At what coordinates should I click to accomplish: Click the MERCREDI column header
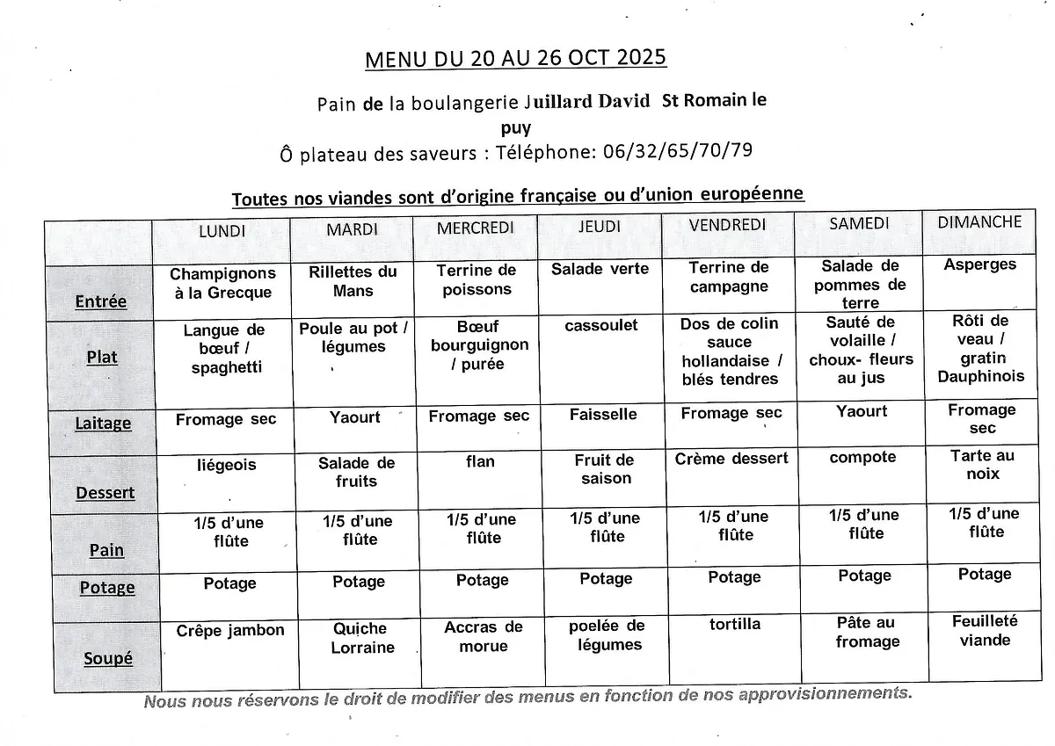pos(476,228)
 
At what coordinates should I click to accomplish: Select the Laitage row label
pos(103,424)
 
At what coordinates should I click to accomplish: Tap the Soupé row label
pos(108,658)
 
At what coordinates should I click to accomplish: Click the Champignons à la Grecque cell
pos(222,284)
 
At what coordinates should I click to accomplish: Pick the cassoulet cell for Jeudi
pos(601,326)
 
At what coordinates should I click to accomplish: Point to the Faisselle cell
pos(603,415)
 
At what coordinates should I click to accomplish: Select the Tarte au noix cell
pos(982,465)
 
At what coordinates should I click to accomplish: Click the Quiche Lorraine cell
pos(360,638)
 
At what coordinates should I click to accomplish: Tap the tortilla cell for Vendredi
pos(735,625)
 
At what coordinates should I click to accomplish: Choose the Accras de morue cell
pos(483,637)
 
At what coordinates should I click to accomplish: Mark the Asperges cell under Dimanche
pos(979,264)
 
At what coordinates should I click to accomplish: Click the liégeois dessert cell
pos(226,465)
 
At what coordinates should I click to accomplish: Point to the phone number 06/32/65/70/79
pos(678,150)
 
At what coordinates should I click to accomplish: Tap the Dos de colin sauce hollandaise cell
pos(730,351)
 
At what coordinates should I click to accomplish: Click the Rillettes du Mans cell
pos(353,282)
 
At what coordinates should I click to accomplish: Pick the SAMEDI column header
pos(859,224)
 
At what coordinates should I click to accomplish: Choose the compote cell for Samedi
pos(862,458)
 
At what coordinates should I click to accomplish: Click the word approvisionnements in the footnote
pos(821,694)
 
